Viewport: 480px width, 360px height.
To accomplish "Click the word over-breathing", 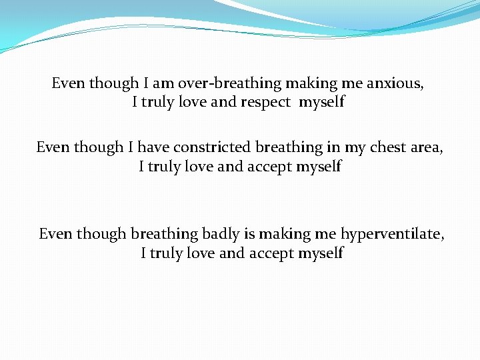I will coord(229,84).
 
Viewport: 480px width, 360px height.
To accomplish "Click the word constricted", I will coord(213,147).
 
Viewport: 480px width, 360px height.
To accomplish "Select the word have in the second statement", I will coord(154,147).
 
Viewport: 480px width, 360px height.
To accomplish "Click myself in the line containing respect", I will coord(322,103).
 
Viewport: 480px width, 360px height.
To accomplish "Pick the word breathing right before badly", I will coord(164,234).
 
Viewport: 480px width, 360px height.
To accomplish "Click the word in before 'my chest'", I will coord(333,147).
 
